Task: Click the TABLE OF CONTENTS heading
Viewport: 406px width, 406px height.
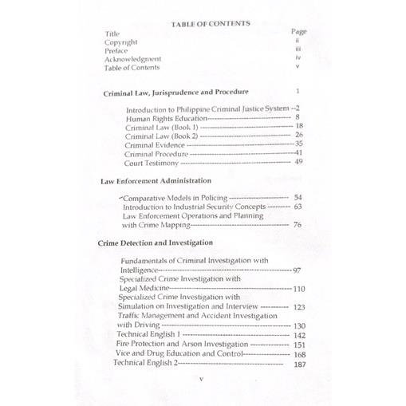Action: tap(211, 24)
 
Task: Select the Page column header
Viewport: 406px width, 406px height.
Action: tap(298, 31)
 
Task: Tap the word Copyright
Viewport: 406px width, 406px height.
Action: tap(120, 42)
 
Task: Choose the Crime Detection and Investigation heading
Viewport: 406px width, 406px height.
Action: tap(156, 241)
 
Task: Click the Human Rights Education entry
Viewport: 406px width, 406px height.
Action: tap(165, 118)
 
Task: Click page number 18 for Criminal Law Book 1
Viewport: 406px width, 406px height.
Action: tap(298, 127)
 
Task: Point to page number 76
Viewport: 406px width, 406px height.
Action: tap(297, 226)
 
